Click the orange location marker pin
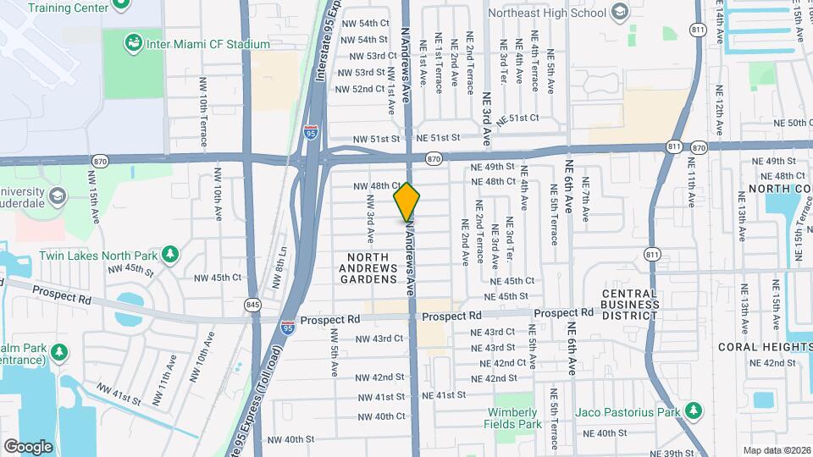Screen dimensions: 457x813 coord(407,202)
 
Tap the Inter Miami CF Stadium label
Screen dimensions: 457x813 coord(207,44)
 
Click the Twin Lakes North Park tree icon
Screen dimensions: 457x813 coord(170,255)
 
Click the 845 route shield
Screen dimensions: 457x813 coord(253,306)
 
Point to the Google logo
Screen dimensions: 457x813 coord(28,446)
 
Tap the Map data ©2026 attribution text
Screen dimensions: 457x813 coord(777,450)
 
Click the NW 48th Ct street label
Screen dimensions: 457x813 coord(375,185)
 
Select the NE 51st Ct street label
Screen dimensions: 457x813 coord(517,118)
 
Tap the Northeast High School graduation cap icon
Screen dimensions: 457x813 coord(620,12)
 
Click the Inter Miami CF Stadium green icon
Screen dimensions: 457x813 coord(133,43)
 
